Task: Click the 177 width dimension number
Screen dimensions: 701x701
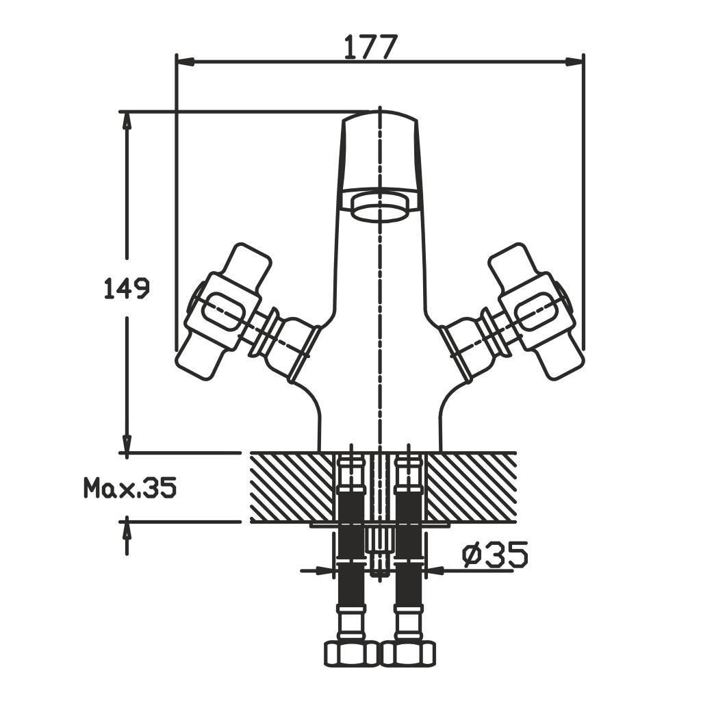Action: click(x=370, y=47)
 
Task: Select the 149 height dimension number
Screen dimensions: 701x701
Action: click(x=126, y=288)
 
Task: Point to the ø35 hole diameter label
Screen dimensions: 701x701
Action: click(x=495, y=555)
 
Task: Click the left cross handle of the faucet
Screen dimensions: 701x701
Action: click(x=224, y=312)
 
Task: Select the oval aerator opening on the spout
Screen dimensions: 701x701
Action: click(x=381, y=207)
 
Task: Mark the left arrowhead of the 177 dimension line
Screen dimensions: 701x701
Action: click(x=186, y=62)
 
